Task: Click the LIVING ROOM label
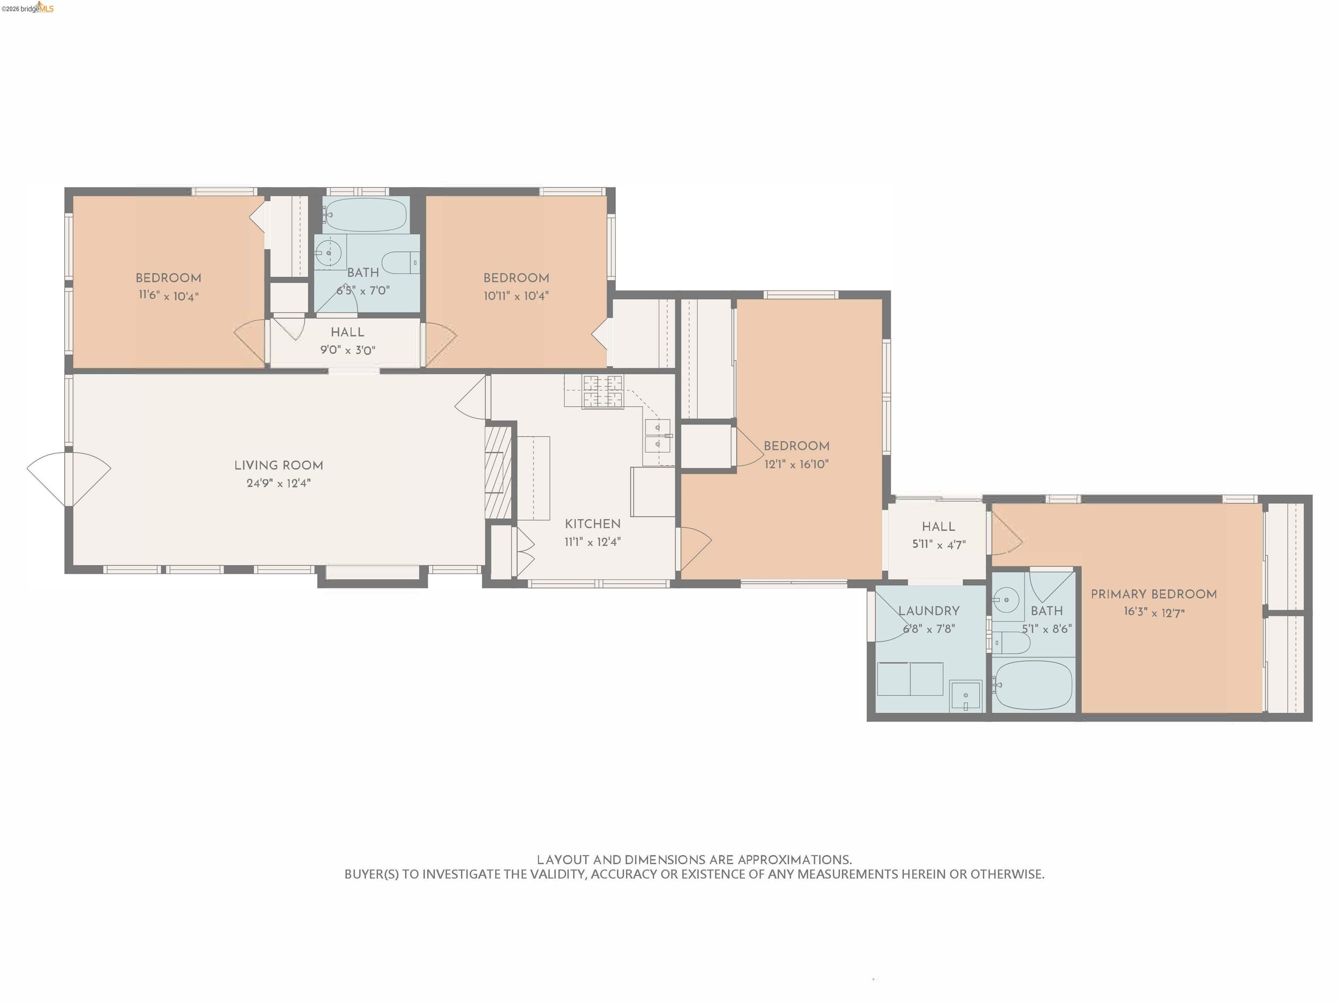(x=279, y=465)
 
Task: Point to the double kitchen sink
(x=657, y=436)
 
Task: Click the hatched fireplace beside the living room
(x=498, y=473)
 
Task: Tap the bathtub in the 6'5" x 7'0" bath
(x=365, y=215)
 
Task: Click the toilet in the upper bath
(x=400, y=263)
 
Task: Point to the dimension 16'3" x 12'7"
(x=1154, y=612)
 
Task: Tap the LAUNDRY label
(x=928, y=611)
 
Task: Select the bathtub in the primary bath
(x=1033, y=685)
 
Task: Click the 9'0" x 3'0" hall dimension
(x=347, y=350)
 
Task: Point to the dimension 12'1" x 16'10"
(x=796, y=464)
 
